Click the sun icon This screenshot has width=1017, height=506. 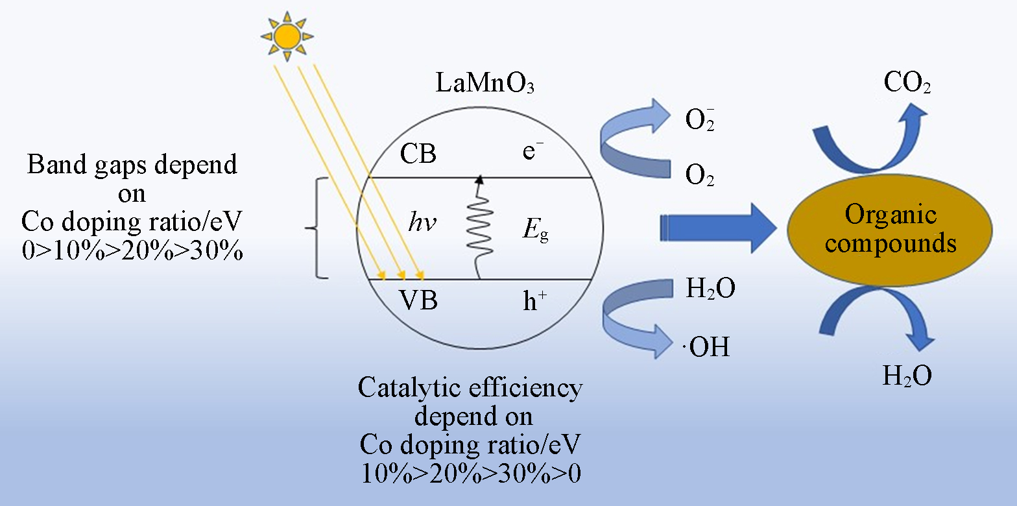click(x=286, y=36)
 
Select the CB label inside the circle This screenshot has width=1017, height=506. click(x=418, y=154)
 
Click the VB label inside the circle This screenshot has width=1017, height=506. click(x=418, y=301)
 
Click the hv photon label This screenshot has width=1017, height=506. click(x=422, y=224)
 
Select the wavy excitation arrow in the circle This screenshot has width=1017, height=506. click(x=479, y=227)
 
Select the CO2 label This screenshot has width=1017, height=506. click(x=907, y=83)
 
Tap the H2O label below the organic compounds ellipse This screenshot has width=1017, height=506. click(x=907, y=376)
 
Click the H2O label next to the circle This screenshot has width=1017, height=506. click(x=710, y=289)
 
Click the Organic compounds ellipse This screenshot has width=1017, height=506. click(x=890, y=230)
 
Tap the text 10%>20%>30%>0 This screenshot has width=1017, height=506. click(x=470, y=472)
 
